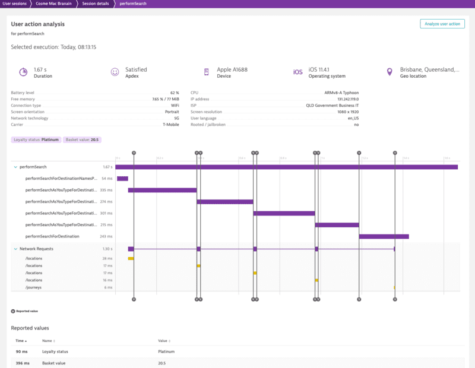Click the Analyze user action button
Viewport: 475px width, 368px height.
(x=442, y=24)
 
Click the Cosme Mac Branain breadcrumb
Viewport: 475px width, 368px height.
(x=58, y=4)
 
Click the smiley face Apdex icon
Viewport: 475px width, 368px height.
(x=115, y=72)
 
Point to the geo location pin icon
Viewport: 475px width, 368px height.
(x=389, y=72)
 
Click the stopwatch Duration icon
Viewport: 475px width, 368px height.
(x=23, y=72)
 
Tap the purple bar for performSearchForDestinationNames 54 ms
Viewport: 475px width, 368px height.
(x=122, y=178)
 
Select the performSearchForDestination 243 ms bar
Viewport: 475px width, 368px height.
(x=384, y=236)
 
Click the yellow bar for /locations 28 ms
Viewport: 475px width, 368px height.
(x=131, y=259)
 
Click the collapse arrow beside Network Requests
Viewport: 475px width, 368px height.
(x=15, y=249)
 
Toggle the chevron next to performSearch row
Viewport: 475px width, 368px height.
(x=15, y=167)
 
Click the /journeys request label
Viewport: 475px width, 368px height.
(x=33, y=287)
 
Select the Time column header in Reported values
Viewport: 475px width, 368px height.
(x=20, y=341)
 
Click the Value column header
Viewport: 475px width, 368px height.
(x=163, y=341)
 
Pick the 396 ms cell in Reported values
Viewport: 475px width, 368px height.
(x=21, y=363)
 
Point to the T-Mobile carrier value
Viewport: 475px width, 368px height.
(x=171, y=125)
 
